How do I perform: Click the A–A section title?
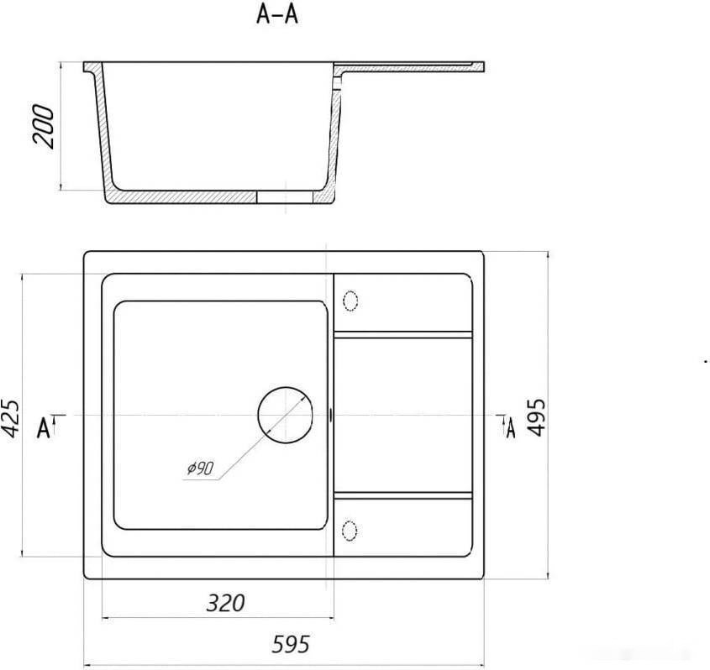tap(277, 14)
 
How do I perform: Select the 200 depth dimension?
tap(43, 126)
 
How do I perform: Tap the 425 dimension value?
tap(10, 418)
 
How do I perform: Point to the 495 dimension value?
tap(537, 417)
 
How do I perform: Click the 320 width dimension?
tap(225, 603)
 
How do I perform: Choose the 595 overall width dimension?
tap(291, 644)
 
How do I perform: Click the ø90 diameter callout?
tap(200, 468)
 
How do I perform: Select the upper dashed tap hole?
tap(350, 301)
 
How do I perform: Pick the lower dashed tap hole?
tap(350, 531)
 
